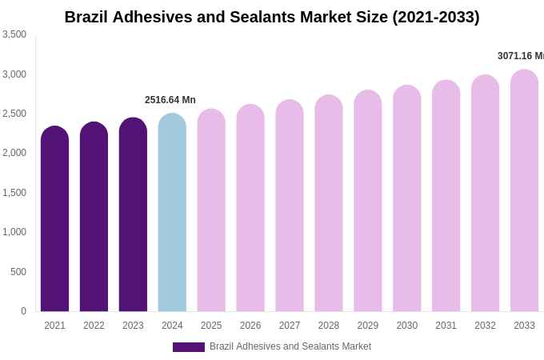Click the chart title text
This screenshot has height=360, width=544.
[x=272, y=17]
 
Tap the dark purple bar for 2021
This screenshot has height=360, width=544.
[x=54, y=220]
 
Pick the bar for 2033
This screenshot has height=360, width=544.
[x=524, y=192]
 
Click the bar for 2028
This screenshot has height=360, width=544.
[x=329, y=204]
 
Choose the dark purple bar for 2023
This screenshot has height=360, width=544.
[x=133, y=216]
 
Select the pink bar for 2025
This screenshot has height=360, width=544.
[x=211, y=212]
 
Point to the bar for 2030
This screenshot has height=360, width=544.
[x=406, y=200]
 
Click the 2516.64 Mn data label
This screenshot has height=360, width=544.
[x=170, y=100]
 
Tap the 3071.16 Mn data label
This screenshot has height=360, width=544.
[x=520, y=56]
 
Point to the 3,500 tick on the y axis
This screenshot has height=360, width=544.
[x=14, y=34]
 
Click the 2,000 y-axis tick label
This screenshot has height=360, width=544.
[x=14, y=153]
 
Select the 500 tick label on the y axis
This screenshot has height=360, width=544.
[x=18, y=272]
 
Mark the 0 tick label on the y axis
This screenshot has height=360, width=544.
[x=23, y=311]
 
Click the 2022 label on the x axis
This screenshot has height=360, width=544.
[x=94, y=326]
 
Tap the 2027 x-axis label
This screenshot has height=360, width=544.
[x=290, y=326]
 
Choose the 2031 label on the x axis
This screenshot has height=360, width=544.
[x=446, y=326]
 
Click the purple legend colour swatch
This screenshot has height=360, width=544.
[x=189, y=347]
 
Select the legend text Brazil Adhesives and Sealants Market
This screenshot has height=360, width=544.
[x=290, y=346]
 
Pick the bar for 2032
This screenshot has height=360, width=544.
[x=485, y=194]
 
